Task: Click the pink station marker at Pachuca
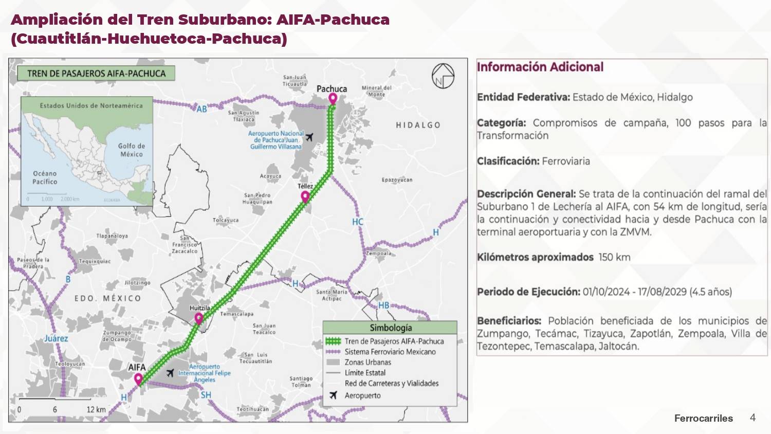tap(333, 98)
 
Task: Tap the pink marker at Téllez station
tap(305, 196)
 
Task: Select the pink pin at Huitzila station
tap(199, 319)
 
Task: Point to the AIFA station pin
tap(138, 379)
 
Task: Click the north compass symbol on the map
tap(443, 76)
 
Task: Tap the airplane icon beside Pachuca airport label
tap(309, 137)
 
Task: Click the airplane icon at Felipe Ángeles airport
tap(170, 373)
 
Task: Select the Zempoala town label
tap(379, 254)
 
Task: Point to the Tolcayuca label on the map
tap(226, 220)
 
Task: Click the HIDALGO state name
tap(418, 125)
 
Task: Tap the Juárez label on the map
tap(56, 338)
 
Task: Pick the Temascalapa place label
tap(236, 314)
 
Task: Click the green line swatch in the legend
tap(333, 341)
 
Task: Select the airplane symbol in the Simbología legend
tap(333, 395)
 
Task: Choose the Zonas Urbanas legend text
tap(368, 362)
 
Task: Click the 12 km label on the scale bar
tap(96, 409)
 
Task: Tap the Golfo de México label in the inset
tap(132, 150)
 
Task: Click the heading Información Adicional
tap(540, 67)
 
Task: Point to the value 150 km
tap(614, 257)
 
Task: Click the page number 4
tap(752, 418)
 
